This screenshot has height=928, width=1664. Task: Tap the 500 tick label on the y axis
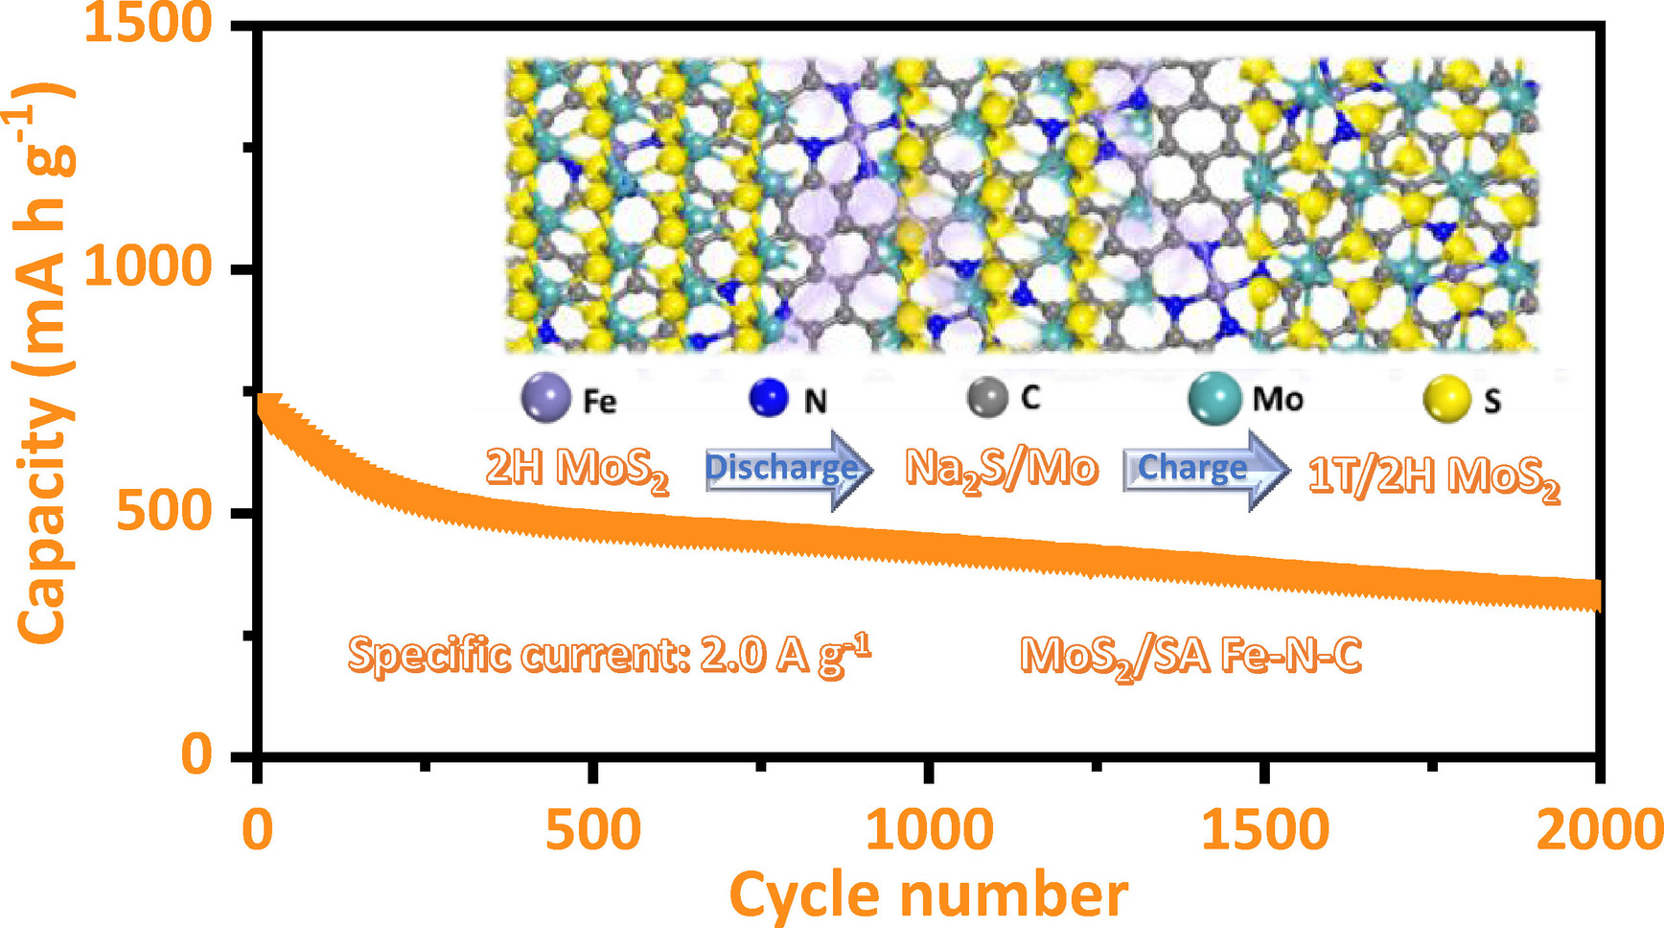coord(164,510)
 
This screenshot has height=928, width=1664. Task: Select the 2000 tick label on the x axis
coord(1599,829)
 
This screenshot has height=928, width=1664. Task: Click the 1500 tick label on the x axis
coord(1265,829)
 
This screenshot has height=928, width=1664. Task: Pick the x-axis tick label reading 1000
coord(929,829)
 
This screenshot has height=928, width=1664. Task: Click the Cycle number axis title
coord(928,895)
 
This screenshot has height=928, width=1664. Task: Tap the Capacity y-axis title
coord(44,364)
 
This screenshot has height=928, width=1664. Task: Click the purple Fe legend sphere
coord(545,398)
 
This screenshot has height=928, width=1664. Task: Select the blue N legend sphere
coord(769,398)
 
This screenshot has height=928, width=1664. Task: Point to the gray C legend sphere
coord(987,396)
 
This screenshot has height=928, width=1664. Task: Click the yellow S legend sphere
coord(1446,400)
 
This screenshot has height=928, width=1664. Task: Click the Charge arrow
coord(1205,469)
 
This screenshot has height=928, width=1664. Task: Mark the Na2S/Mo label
coord(1001,469)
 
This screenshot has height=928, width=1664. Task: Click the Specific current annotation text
coord(609,656)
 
